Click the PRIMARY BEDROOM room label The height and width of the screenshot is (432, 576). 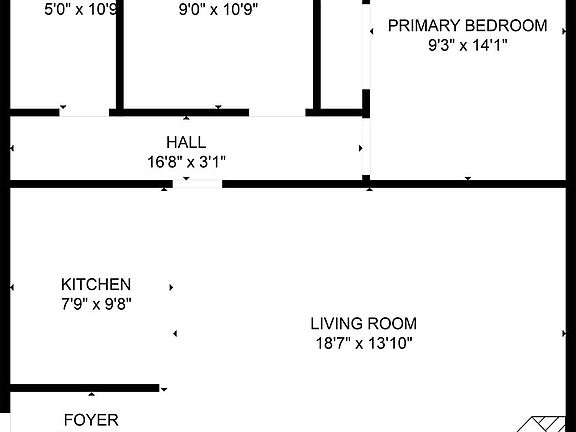467,25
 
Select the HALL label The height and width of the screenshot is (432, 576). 186,143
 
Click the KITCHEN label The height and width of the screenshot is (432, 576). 95,284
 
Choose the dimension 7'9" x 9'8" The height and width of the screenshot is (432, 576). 95,303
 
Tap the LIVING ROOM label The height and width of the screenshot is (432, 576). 363,323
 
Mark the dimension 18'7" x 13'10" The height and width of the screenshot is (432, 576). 363,343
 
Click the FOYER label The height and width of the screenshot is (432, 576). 91,420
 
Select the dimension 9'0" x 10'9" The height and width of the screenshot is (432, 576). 217,11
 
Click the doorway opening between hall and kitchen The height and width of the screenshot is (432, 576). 197,183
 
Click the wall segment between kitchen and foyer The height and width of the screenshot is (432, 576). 85,387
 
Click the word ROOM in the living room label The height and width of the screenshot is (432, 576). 393,323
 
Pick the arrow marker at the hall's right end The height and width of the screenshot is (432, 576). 361,148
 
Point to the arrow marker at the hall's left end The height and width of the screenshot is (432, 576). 12,148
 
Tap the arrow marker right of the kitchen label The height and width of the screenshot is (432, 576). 171,287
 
